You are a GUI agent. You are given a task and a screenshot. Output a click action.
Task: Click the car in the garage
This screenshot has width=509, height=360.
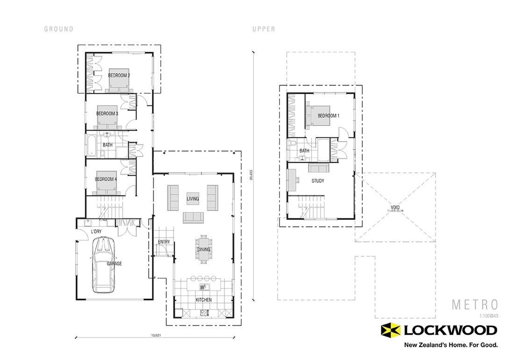tap(104, 265)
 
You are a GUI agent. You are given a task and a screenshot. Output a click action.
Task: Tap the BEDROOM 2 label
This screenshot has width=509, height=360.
tap(119, 75)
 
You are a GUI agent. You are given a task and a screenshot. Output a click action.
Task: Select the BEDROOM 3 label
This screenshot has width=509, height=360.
tap(107, 114)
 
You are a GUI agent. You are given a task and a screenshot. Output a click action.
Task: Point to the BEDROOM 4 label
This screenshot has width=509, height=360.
tap(106, 179)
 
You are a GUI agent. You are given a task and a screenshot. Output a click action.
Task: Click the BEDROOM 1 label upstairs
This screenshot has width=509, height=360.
tap(328, 115)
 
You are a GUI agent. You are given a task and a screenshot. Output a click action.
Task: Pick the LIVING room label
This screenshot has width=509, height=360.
tap(193, 199)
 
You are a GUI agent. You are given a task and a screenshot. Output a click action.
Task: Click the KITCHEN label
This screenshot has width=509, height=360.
tap(203, 300)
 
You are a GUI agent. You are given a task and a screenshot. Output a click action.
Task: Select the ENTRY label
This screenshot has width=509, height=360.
tap(164, 242)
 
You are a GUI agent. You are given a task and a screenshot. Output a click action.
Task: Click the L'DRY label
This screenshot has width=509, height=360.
tap(96, 232)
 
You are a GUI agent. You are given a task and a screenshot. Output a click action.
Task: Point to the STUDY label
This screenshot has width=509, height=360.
tap(318, 180)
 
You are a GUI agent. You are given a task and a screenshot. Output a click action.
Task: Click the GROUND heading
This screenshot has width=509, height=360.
tap(59, 29)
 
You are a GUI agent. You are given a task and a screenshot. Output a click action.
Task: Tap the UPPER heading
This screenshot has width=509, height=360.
tap(264, 29)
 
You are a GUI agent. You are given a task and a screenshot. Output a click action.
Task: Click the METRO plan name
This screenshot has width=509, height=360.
tap(474, 304)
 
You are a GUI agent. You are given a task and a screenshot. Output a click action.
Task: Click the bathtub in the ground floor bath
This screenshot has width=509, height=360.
tap(91, 145)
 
